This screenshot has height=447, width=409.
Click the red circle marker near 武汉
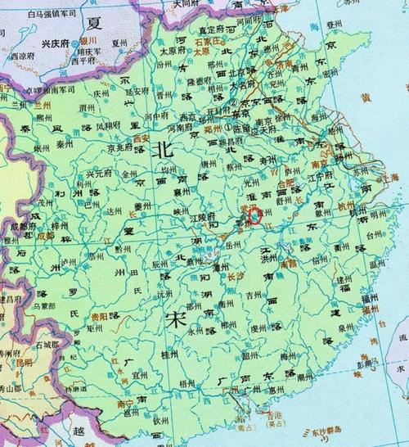pos(257,215)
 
